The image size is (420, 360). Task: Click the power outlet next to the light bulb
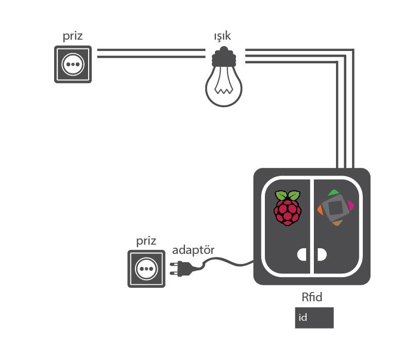73,64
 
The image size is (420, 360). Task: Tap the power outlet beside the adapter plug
146,269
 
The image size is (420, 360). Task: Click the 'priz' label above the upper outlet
73,37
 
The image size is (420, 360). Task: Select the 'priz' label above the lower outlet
146,241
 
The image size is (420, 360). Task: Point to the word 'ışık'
223,37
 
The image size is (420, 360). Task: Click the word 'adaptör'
193,250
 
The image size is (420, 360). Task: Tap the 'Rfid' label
312,297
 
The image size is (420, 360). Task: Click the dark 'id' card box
314,317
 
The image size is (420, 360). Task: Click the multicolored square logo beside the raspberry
335,208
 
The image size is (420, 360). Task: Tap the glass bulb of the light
224,88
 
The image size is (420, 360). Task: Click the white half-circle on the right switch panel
322,255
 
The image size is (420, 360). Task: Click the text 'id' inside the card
303,318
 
